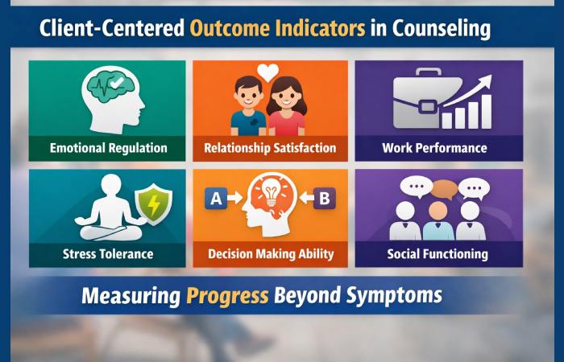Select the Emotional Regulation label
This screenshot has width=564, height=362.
tap(108, 148)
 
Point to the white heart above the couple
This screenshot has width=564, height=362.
tap(268, 72)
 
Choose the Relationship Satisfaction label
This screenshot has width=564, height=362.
tap(270, 148)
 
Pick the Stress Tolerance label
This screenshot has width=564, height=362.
tap(109, 254)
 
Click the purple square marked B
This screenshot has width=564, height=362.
tap(325, 198)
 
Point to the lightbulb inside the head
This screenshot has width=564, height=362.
tap(270, 195)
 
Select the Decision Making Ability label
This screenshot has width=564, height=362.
tap(270, 254)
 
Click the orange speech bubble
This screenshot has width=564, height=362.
tap(445, 190)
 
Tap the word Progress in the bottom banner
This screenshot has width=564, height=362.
tap(227, 295)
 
